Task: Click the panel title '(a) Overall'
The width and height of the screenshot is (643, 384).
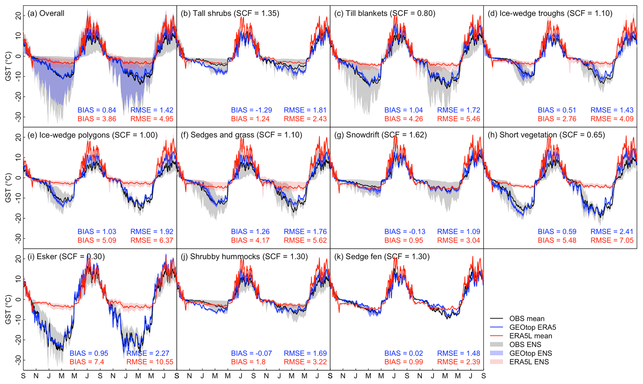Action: point(46,13)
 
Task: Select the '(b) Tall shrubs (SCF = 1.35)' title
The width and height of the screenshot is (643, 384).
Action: point(230,13)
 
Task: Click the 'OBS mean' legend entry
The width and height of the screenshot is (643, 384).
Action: point(527,319)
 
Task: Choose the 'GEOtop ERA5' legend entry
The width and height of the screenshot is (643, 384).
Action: point(532,327)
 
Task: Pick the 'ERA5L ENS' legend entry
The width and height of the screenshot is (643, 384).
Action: point(529,362)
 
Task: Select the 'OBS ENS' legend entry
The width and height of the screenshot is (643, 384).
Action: point(525,344)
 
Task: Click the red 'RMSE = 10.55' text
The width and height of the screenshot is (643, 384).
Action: point(150,362)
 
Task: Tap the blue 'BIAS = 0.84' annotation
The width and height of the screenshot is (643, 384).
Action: point(97,110)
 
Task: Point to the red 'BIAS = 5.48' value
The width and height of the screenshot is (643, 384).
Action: point(557,240)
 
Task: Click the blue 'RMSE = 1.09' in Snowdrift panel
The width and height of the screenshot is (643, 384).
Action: point(459,232)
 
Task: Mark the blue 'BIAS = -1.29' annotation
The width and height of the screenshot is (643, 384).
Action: point(251,110)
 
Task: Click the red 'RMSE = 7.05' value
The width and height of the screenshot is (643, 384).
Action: point(612,240)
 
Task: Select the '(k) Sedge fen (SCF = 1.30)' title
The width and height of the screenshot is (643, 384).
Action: point(382,257)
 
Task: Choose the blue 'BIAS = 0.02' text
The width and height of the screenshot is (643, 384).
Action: point(403,353)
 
